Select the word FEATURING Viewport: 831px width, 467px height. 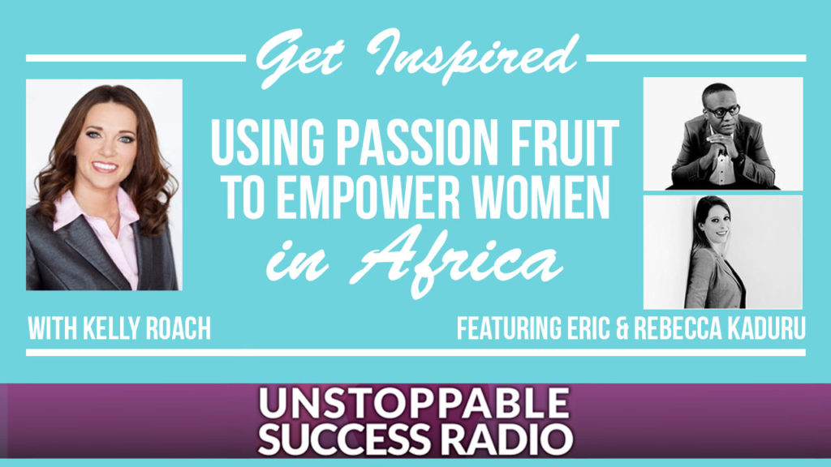510,328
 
